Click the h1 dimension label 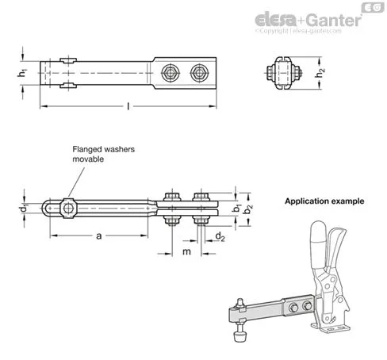click(23, 73)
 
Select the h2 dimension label click(320, 73)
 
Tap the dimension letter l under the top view click(128, 106)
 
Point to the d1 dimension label click(24, 209)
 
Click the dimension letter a click(99, 236)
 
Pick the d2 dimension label click(220, 236)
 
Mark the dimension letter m click(186, 251)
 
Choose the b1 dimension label click(236, 208)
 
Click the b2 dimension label click(248, 209)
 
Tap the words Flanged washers click(104, 149)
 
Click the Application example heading click(324, 201)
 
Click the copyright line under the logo click(298, 31)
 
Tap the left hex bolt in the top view click(171, 73)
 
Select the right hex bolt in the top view click(199, 73)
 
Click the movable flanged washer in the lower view click(68, 209)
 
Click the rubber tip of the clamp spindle click(239, 336)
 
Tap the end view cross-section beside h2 click(284, 73)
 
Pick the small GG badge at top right click(373, 7)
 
